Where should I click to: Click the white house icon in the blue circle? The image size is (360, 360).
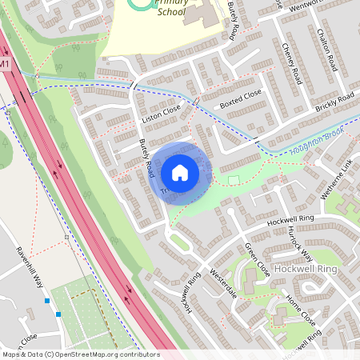[x=180, y=172]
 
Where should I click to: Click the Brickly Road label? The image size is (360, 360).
[x=334, y=102]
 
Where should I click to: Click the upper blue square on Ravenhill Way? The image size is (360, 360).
[x=47, y=302]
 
